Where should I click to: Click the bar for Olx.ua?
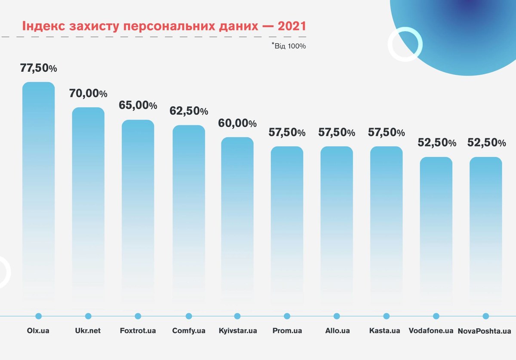(x=39, y=189)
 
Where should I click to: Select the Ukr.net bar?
(x=88, y=202)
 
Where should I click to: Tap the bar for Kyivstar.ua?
(x=237, y=215)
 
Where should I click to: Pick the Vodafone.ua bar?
(x=436, y=228)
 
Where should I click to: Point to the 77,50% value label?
(x=39, y=68)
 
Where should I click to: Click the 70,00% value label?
(x=88, y=93)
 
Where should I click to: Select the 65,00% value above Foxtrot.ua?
(x=138, y=105)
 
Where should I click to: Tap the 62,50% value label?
(x=189, y=111)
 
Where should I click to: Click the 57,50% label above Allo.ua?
(x=337, y=132)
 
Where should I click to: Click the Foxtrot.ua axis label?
(x=138, y=331)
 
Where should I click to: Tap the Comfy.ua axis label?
(x=189, y=331)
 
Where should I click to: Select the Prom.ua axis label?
(x=287, y=331)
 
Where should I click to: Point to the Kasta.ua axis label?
(x=385, y=331)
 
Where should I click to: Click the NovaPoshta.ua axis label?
(x=485, y=331)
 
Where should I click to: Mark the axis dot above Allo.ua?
(x=337, y=316)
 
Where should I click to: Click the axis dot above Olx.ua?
(x=39, y=316)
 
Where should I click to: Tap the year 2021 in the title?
(x=292, y=26)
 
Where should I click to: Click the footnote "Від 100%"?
(x=289, y=46)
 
